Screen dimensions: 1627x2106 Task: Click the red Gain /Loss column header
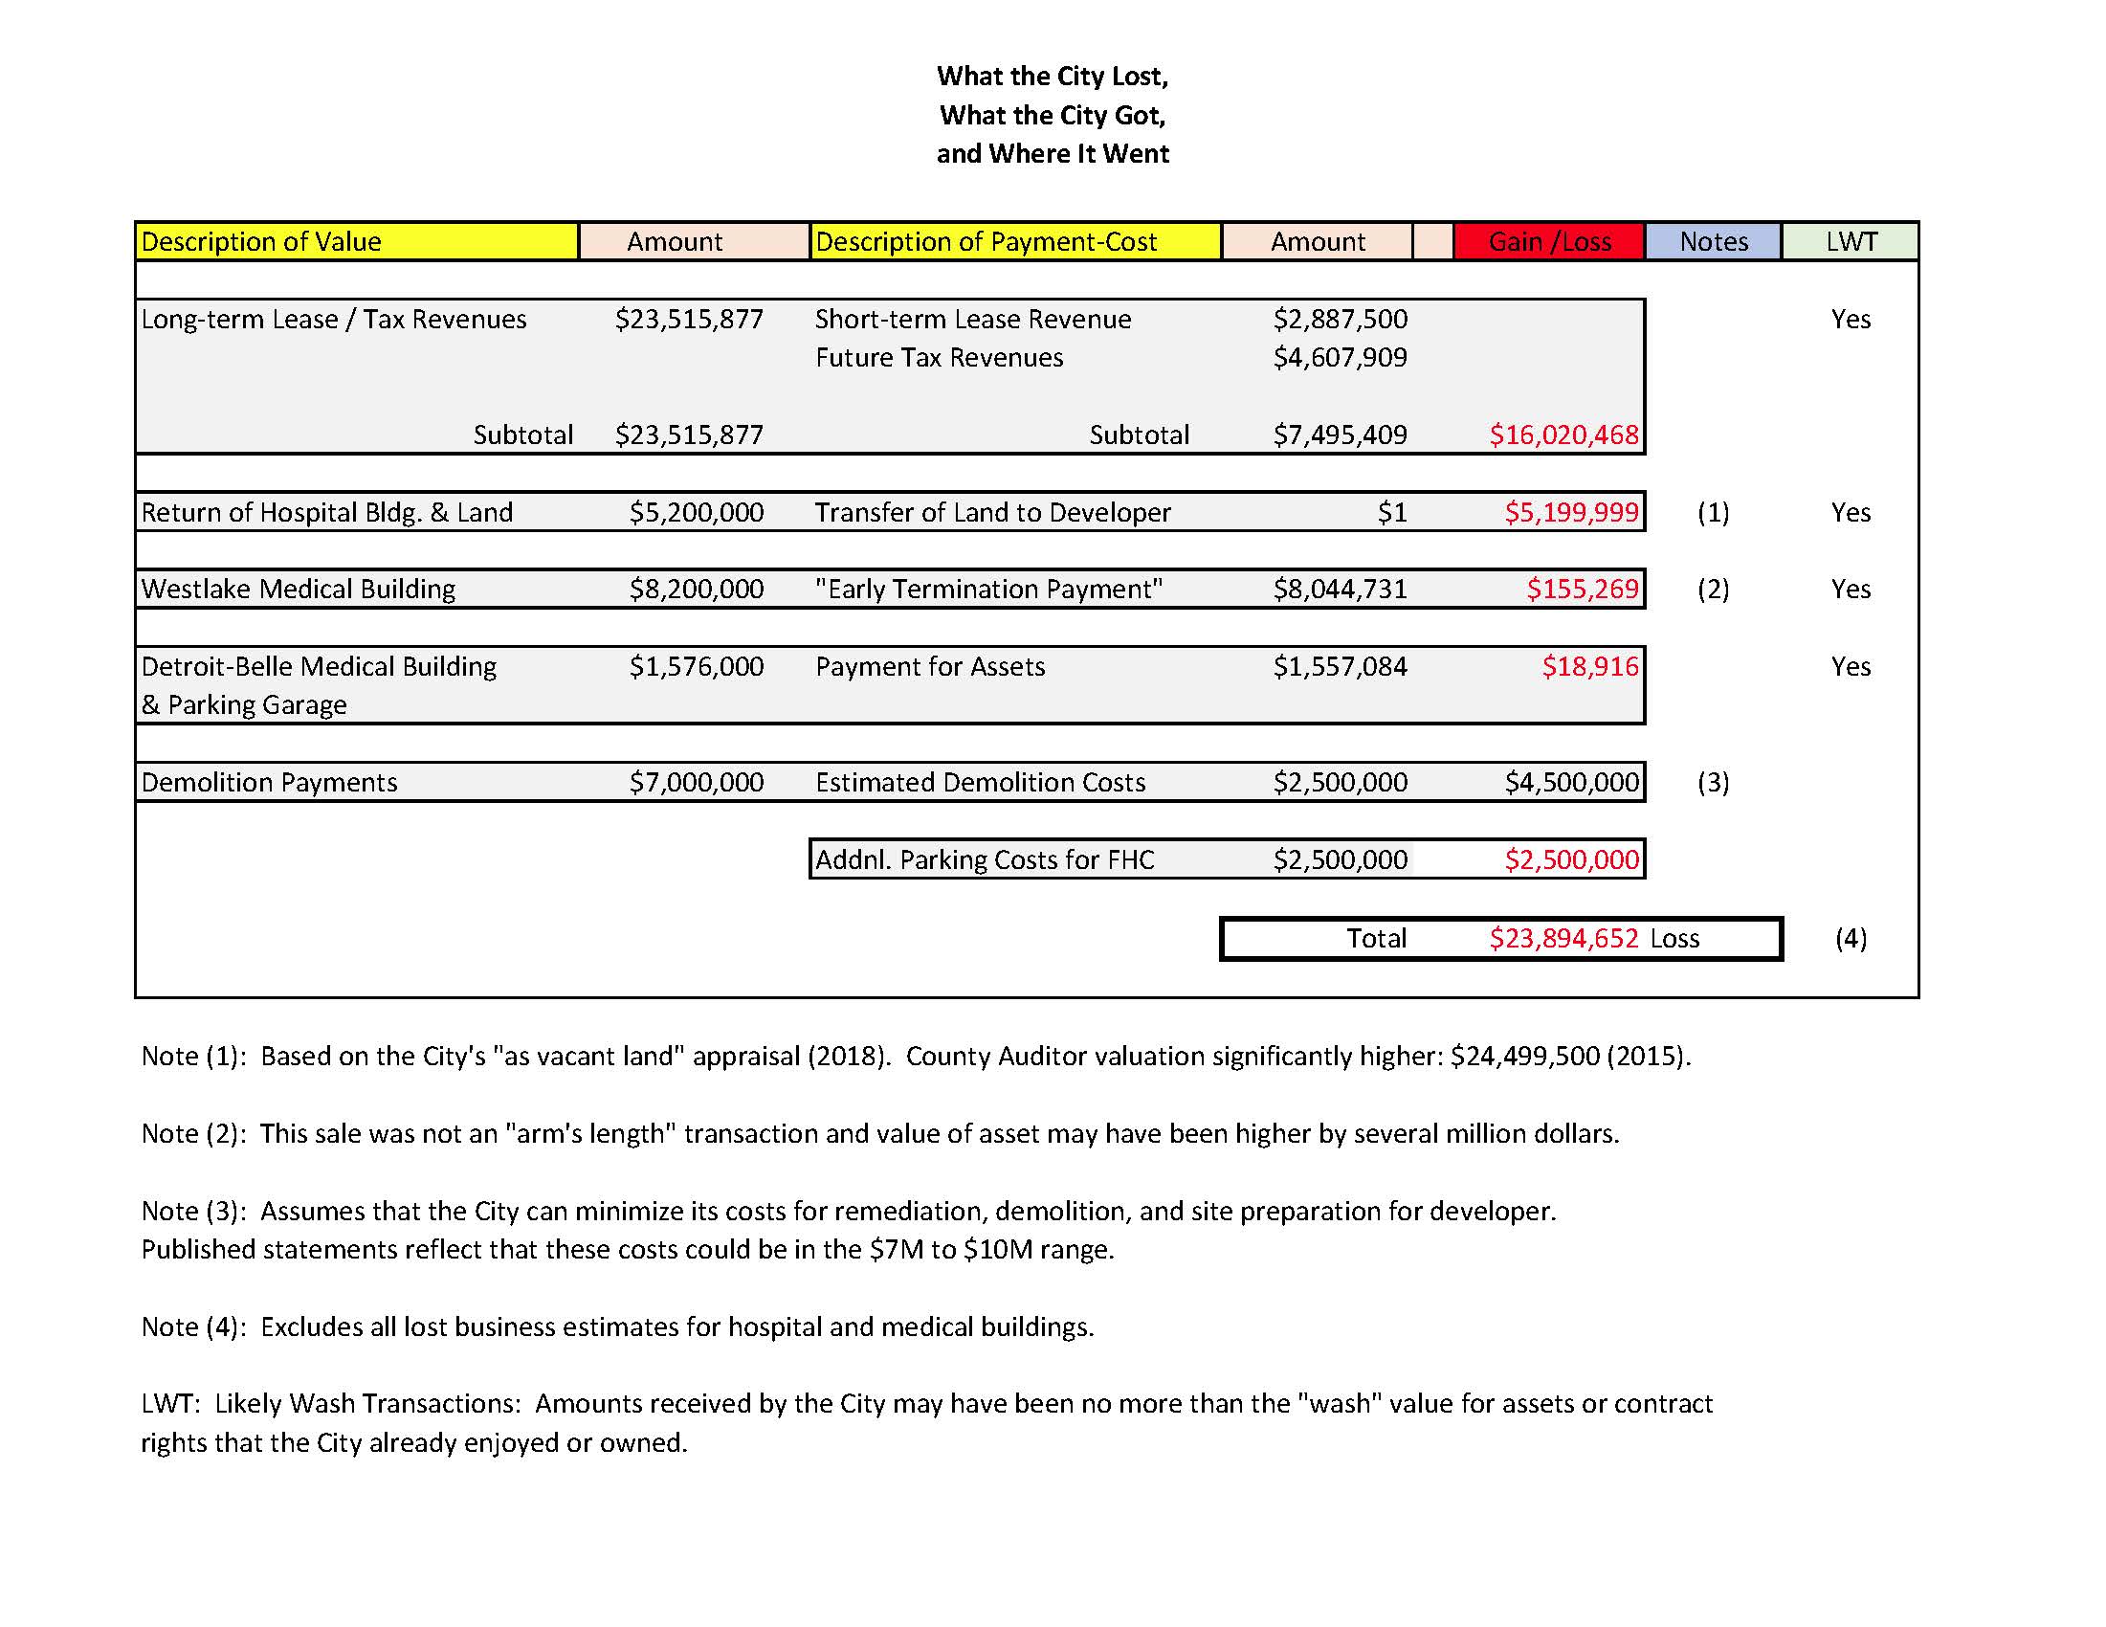click(x=1549, y=241)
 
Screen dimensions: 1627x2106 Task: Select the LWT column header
click(x=1851, y=241)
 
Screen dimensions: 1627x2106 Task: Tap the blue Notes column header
click(x=1714, y=241)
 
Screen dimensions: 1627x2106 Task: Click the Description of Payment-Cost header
click(x=986, y=241)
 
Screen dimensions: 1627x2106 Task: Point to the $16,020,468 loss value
click(x=1563, y=435)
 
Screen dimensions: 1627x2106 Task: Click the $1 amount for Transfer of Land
click(x=1391, y=512)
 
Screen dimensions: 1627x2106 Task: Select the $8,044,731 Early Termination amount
click(x=1340, y=590)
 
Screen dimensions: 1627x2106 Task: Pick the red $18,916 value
click(x=1589, y=666)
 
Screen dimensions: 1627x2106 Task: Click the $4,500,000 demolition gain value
click(x=1572, y=782)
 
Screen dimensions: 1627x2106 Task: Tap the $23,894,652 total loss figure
click(x=1563, y=938)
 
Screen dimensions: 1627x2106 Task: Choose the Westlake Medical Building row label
click(x=298, y=590)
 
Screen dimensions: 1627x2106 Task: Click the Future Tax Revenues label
click(x=940, y=358)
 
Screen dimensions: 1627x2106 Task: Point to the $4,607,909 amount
click(x=1340, y=358)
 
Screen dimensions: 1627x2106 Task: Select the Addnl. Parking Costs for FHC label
click(x=985, y=859)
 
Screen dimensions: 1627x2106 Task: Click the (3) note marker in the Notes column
click(x=1713, y=782)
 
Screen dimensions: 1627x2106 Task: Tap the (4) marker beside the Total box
click(x=1851, y=938)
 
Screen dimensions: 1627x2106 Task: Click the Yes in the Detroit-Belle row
click(x=1851, y=666)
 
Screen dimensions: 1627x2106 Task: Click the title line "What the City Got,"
click(x=1052, y=116)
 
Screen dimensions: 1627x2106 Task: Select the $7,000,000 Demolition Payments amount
click(x=697, y=782)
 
